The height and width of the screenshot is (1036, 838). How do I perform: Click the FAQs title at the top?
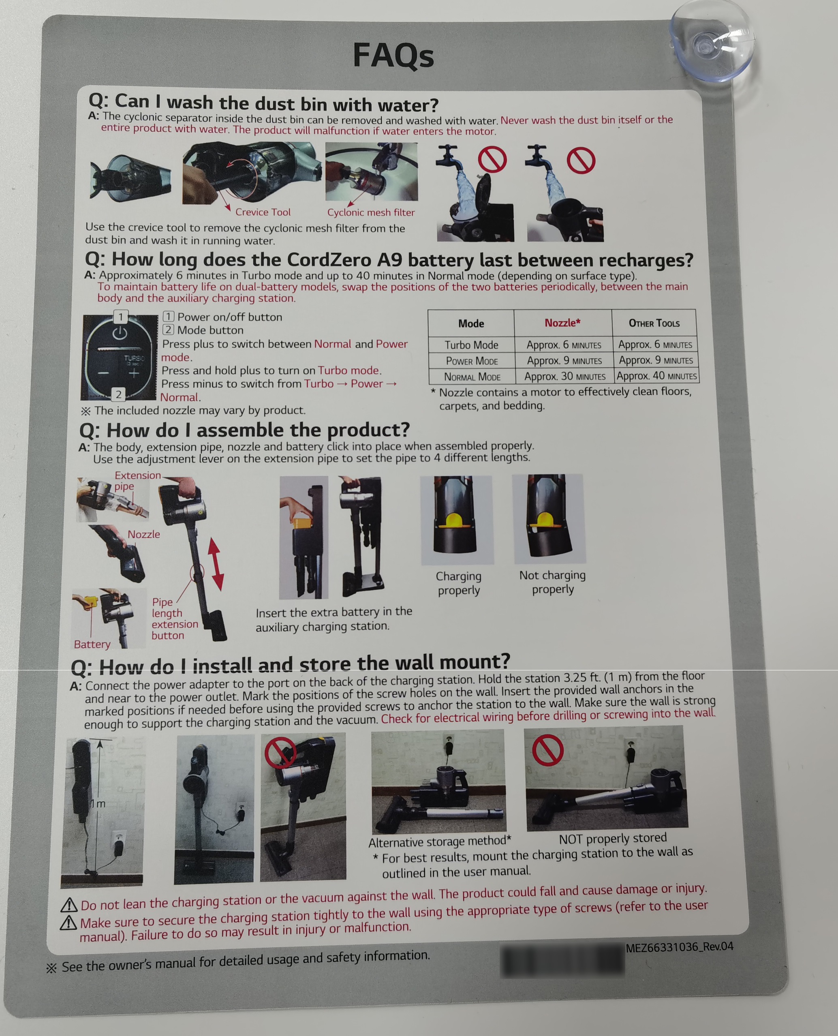pos(393,56)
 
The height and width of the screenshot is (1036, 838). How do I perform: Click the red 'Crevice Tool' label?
pos(263,212)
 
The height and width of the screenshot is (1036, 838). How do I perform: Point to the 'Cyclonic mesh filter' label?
pos(371,212)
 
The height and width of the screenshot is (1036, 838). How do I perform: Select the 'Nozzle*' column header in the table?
pos(562,323)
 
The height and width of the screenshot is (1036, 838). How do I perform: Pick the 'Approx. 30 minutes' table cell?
pos(565,376)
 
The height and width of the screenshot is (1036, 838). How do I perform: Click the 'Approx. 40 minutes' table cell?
pos(656,376)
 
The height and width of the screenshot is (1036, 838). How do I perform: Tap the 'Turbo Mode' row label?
pos(471,345)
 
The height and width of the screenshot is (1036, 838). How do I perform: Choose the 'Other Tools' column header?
pos(654,323)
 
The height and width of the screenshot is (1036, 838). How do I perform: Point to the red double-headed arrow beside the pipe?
pos(215,564)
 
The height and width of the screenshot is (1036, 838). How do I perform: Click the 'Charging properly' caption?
pos(459,583)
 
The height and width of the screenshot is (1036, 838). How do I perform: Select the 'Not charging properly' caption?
pos(553,582)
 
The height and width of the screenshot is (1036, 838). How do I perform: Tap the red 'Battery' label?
pos(92,644)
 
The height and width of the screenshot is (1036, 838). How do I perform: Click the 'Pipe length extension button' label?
pos(174,619)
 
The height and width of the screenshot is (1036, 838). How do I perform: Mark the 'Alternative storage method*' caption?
pos(440,841)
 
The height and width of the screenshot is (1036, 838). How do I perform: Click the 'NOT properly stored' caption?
pos(613,839)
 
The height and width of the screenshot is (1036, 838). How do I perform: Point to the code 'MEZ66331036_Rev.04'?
pos(679,947)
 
